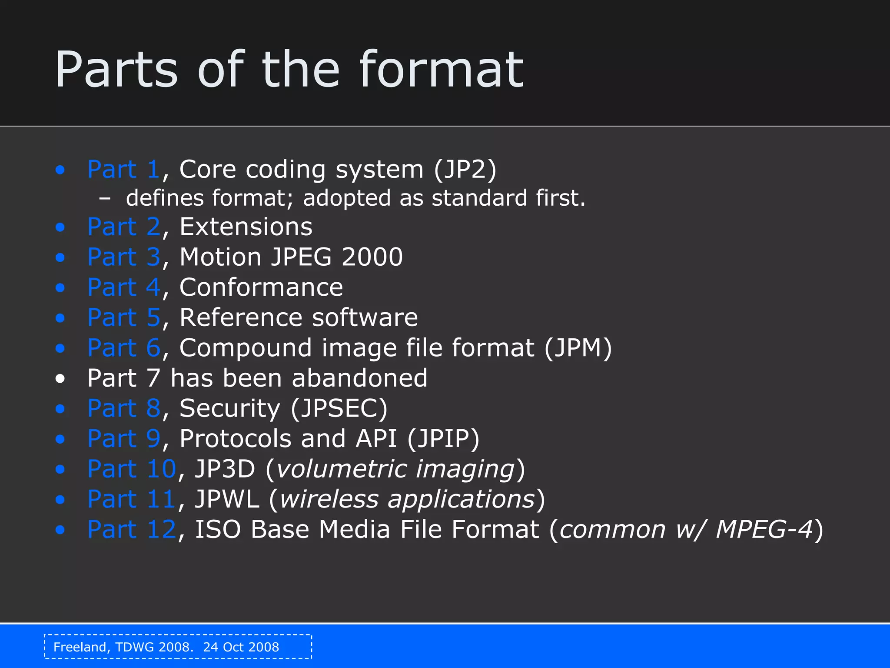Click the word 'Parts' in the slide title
coord(116,70)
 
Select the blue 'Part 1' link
coord(124,169)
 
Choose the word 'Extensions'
coord(246,227)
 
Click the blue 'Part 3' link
coord(124,257)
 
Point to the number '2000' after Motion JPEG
coord(372,257)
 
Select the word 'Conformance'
coord(261,287)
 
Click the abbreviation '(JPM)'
coord(578,348)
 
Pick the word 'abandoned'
coord(360,378)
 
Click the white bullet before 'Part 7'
coord(60,379)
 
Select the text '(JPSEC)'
coord(339,408)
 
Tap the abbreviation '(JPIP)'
coord(443,438)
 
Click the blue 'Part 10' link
coord(132,469)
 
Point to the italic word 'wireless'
coord(329,499)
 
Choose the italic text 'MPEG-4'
coord(764,530)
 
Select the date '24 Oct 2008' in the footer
coord(241,647)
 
